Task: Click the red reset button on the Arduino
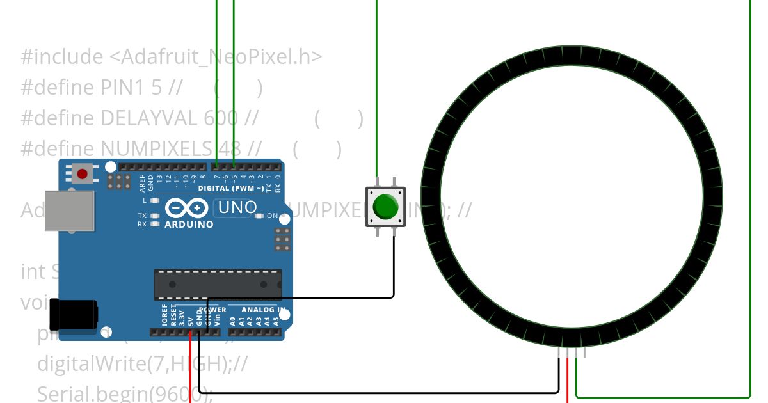pyautogui.click(x=82, y=173)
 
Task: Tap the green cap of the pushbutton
pyautogui.click(x=385, y=206)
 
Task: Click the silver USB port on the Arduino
pyautogui.click(x=68, y=210)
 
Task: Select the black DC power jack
pyautogui.click(x=75, y=314)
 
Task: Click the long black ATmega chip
pyautogui.click(x=218, y=284)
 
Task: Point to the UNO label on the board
pyautogui.click(x=237, y=207)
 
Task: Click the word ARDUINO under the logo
pyautogui.click(x=189, y=225)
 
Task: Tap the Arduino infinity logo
pyautogui.click(x=186, y=208)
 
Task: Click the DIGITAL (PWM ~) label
pyautogui.click(x=230, y=188)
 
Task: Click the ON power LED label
pyautogui.click(x=272, y=216)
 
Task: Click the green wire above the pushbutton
pyautogui.click(x=376, y=90)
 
